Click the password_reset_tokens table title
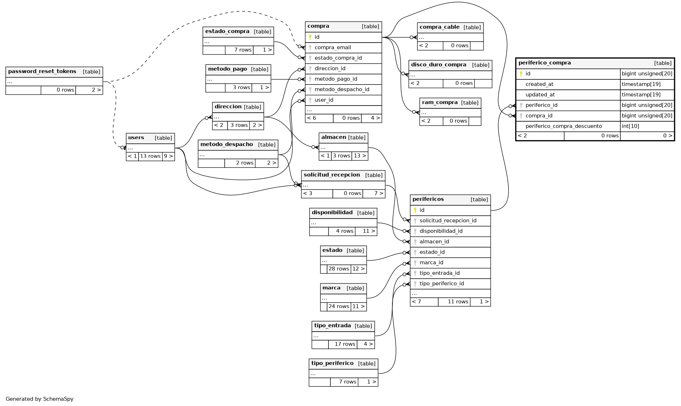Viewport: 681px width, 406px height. point(42,72)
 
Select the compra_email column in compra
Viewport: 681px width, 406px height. point(332,48)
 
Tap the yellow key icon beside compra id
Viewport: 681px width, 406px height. point(310,37)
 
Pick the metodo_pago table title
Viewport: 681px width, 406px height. point(227,69)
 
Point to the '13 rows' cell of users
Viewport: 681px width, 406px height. point(150,156)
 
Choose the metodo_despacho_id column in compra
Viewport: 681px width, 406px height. point(342,89)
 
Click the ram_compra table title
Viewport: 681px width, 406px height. point(440,103)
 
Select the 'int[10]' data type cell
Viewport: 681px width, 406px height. point(630,126)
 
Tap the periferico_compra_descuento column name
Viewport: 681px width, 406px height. point(564,126)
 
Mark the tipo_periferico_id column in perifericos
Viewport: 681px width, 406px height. point(441,284)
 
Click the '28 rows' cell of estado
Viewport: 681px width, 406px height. point(339,269)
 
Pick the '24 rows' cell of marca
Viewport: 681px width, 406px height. point(339,307)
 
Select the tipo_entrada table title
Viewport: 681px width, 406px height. point(332,326)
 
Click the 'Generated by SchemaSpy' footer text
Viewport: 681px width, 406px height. point(40,399)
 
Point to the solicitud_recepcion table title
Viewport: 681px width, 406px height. point(332,175)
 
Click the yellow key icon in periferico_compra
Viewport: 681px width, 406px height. point(521,74)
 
